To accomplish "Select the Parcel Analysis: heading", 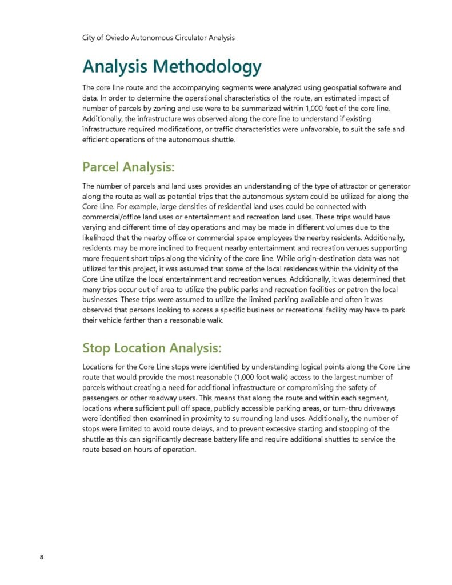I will point(128,167).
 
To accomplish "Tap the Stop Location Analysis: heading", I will point(151,348).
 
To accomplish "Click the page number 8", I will point(42,558).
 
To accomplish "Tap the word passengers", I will point(103,398).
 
